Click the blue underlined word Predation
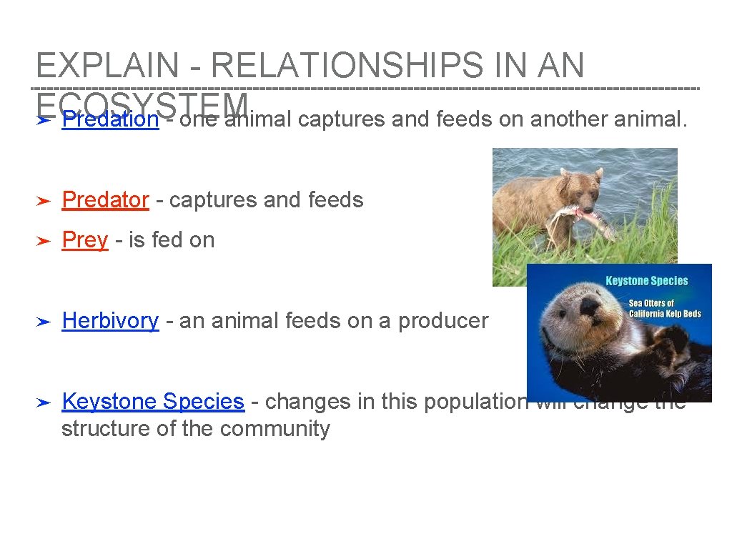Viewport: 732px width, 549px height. pyautogui.click(x=110, y=119)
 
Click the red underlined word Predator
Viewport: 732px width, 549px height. pyautogui.click(x=105, y=200)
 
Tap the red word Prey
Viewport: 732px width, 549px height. pyautogui.click(x=84, y=240)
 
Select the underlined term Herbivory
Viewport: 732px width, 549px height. pyautogui.click(x=110, y=321)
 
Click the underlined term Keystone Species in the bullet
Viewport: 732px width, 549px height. pyautogui.click(x=153, y=402)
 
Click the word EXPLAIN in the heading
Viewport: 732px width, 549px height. pyautogui.click(x=108, y=66)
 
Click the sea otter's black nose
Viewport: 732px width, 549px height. pyautogui.click(x=590, y=306)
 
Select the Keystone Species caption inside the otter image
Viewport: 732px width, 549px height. pyautogui.click(x=646, y=281)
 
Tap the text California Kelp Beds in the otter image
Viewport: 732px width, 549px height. pyautogui.click(x=665, y=314)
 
